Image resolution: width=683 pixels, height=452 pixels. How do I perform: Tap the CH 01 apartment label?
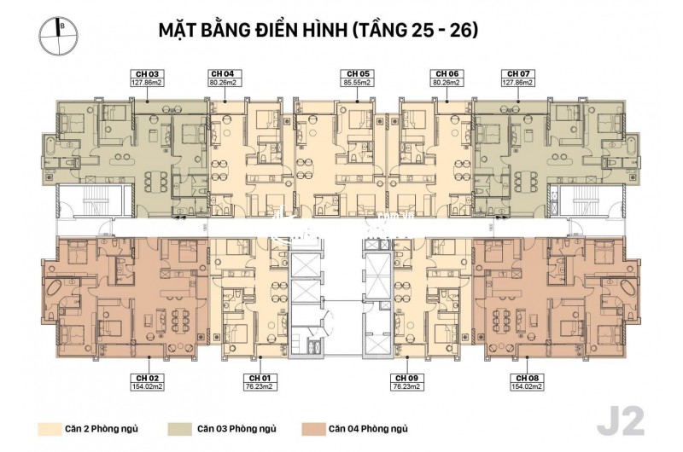point(260,380)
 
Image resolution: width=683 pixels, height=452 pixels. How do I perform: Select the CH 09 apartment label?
point(404,380)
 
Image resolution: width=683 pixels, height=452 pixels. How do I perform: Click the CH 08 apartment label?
point(523,380)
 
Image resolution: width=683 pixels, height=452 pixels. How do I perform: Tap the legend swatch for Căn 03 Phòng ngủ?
point(180,429)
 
